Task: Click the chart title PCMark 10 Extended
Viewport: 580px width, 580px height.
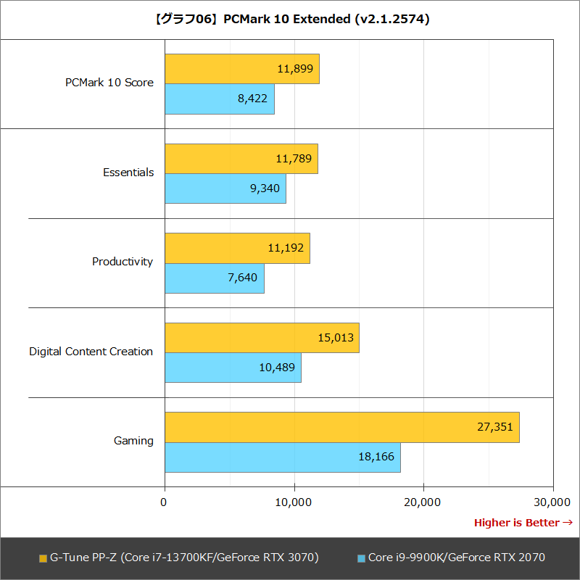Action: coord(290,20)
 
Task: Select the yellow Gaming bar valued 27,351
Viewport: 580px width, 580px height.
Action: coord(341,427)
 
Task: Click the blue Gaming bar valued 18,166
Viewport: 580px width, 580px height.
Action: coord(282,457)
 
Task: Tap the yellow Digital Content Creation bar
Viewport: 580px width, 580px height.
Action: coord(262,338)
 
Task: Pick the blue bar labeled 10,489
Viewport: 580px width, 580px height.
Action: coord(233,368)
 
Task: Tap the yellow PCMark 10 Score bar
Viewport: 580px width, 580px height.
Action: coord(241,69)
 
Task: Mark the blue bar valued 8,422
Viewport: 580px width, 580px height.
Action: coord(219,99)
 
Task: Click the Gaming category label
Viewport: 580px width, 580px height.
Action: coord(133,441)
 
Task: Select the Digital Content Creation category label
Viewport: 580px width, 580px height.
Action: coord(91,352)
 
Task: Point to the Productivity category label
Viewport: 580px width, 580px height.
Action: coord(123,262)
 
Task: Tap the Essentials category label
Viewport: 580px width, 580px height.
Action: coord(128,173)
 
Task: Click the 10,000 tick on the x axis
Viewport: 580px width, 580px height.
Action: coord(294,502)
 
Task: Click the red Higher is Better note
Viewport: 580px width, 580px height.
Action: coord(523,523)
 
